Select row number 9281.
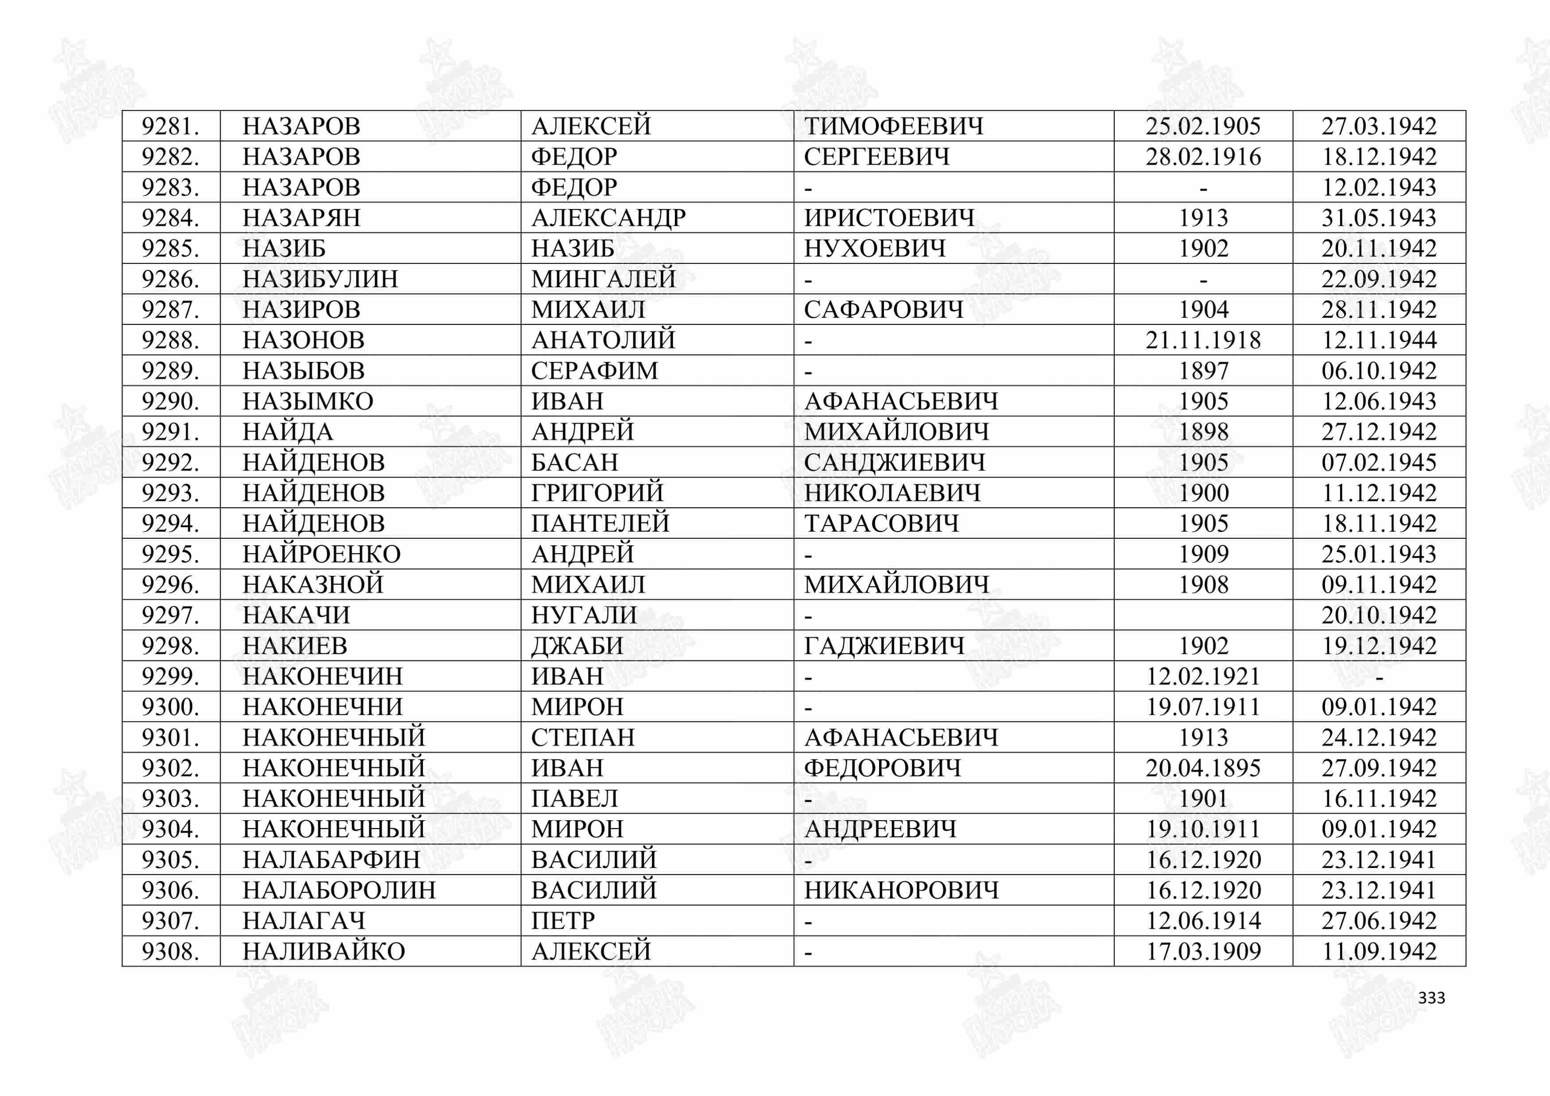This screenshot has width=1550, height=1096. pos(170,126)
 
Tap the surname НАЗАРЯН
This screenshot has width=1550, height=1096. pos(301,218)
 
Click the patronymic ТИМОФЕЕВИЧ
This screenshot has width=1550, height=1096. pos(894,126)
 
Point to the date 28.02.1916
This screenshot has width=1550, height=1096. pos(1203,157)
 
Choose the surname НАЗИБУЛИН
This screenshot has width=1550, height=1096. pos(320,279)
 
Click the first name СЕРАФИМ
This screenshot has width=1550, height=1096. pos(594,370)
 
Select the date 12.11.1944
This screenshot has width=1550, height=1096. pos(1379,340)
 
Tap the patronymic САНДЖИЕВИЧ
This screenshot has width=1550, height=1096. pos(895,462)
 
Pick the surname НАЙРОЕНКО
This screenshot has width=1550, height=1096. pos(322,554)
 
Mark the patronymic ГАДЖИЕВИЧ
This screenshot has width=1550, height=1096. pos(883,646)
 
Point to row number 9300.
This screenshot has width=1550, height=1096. pos(170,706)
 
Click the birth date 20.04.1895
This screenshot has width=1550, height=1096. pos(1203,768)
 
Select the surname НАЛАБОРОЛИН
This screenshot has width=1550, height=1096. pos(339,890)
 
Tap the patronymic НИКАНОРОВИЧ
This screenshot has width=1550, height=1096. pos(901,890)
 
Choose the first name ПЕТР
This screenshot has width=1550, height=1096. pos(563,921)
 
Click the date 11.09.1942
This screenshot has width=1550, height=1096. pos(1379,952)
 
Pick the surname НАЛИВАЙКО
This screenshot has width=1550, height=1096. pos(323,952)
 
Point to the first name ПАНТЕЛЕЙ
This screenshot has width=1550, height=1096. pos(600,524)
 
